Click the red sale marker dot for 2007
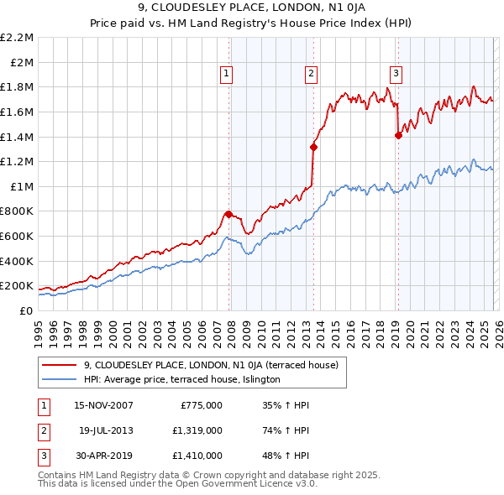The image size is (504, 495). point(228,214)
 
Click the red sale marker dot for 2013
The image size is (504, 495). point(313,147)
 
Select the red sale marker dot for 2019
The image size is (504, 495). point(398,136)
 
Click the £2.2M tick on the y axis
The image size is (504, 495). point(18,38)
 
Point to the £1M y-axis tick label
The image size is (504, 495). point(23,186)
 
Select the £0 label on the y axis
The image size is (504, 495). point(27,310)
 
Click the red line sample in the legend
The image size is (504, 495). point(59,365)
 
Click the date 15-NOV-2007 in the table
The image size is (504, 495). point(104,405)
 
